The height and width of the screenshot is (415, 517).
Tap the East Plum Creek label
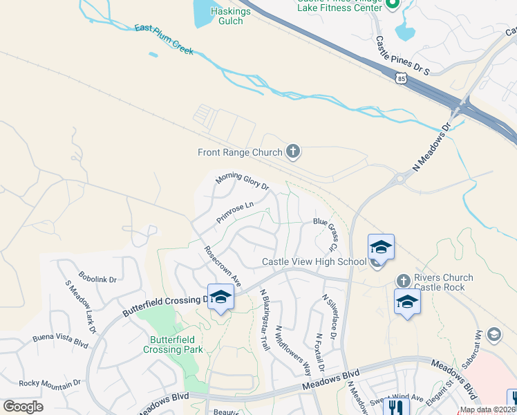pyautogui.click(x=164, y=39)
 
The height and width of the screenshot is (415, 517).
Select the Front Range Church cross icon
pyautogui.click(x=293, y=152)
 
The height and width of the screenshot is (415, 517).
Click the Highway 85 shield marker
pyautogui.click(x=402, y=80)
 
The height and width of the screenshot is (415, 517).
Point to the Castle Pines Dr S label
pyautogui.click(x=402, y=57)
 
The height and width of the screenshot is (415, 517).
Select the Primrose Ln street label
pyautogui.click(x=235, y=212)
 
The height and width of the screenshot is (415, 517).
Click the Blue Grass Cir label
pyautogui.click(x=325, y=234)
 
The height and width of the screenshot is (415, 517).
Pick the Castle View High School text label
pyautogui.click(x=314, y=261)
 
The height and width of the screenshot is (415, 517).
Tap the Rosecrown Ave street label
pyautogui.click(x=222, y=266)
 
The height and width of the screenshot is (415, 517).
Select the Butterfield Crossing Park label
pyautogui.click(x=173, y=344)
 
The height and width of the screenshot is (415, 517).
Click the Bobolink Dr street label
pyautogui.click(x=97, y=279)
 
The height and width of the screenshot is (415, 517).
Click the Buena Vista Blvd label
pyautogui.click(x=61, y=340)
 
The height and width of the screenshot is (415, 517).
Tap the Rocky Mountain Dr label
pyautogui.click(x=50, y=382)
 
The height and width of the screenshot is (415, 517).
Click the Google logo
pyautogui.click(x=23, y=407)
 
